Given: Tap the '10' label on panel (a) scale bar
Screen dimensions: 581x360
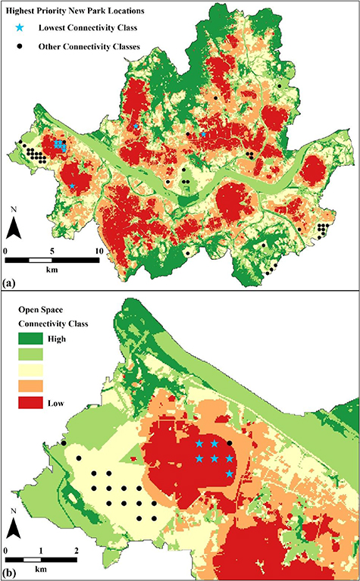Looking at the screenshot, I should click(96, 251).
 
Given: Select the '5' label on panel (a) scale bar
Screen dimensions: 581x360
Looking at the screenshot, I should click(51, 251).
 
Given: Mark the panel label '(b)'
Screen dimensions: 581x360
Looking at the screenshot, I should click(11, 573).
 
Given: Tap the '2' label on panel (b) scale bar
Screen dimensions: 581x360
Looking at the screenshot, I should click(76, 548).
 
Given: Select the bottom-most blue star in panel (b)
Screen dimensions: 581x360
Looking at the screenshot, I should click(230, 473).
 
